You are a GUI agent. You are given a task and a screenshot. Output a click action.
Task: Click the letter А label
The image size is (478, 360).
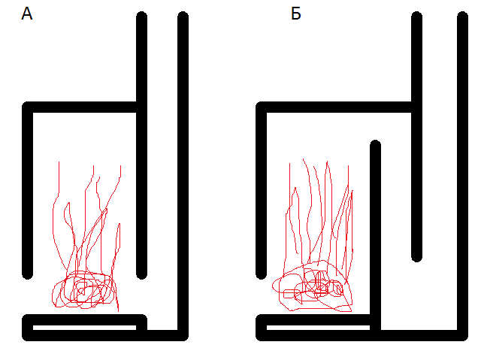tap(27, 14)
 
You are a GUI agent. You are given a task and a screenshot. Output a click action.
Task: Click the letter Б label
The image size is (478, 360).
tap(296, 14)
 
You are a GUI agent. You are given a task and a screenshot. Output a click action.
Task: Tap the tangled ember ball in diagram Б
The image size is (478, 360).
tap(313, 286)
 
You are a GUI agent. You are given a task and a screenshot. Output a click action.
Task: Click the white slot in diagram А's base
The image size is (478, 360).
tap(84, 328)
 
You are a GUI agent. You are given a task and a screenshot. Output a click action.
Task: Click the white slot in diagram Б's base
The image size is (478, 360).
tap(318, 328)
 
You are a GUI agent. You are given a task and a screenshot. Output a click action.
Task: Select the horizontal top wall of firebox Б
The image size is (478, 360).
tap(336, 107)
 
